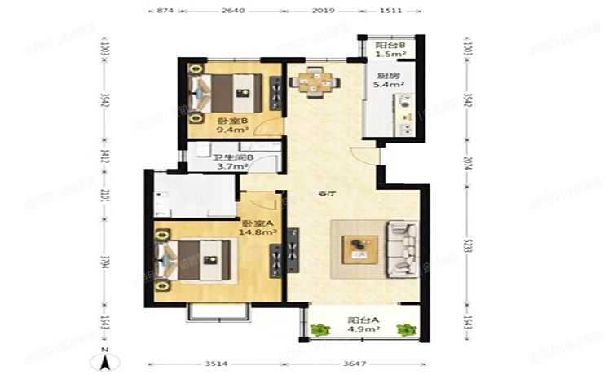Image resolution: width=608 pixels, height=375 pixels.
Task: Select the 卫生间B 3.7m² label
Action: (231, 163)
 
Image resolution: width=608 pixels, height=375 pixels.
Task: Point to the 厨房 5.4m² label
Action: (387, 80)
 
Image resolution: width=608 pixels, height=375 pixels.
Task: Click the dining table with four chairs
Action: (313, 81)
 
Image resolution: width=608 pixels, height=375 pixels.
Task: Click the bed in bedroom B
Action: (228, 92)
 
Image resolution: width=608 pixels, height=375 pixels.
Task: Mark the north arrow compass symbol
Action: (105, 357)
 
